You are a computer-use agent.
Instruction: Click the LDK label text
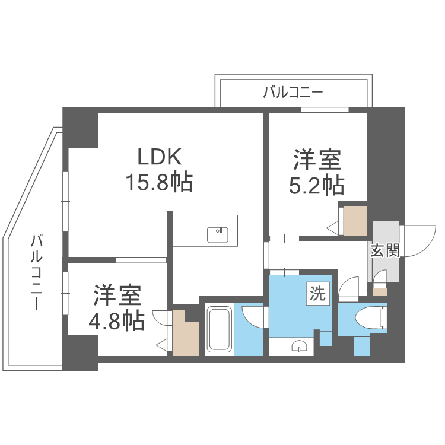(x=158, y=157)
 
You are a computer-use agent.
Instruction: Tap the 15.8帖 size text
(x=158, y=182)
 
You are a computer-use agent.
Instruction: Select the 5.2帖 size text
(x=316, y=186)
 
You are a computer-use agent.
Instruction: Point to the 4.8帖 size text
(x=116, y=321)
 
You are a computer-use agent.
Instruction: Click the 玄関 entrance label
(x=385, y=250)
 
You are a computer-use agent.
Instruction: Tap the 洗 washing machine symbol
(x=318, y=293)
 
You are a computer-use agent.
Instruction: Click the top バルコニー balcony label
(x=293, y=92)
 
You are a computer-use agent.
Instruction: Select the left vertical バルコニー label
(x=37, y=272)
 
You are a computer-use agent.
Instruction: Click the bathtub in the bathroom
(x=220, y=329)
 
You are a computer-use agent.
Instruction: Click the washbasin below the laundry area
(x=299, y=347)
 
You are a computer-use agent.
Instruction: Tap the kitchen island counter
(x=205, y=231)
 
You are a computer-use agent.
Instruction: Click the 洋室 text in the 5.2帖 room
(x=316, y=161)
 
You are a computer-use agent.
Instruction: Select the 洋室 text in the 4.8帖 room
(x=116, y=295)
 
